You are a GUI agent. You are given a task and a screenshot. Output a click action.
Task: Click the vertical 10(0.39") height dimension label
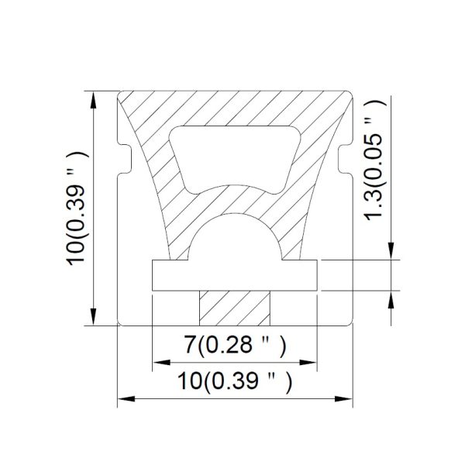pyautogui.click(x=77, y=209)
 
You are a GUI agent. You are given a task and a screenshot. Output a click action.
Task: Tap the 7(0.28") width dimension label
pyautogui.click(x=236, y=345)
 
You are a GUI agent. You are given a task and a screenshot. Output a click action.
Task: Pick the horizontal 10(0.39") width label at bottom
pyautogui.click(x=235, y=381)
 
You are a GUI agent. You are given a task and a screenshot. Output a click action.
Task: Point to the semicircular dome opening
pyautogui.click(x=235, y=237)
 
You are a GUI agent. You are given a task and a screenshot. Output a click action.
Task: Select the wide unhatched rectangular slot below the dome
pyautogui.click(x=235, y=275)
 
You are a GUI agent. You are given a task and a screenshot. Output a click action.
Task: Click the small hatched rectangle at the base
pyautogui.click(x=235, y=308)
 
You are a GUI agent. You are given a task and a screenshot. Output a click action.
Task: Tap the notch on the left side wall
pyautogui.click(x=125, y=160)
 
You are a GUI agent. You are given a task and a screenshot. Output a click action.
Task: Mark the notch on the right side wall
pyautogui.click(x=345, y=160)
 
